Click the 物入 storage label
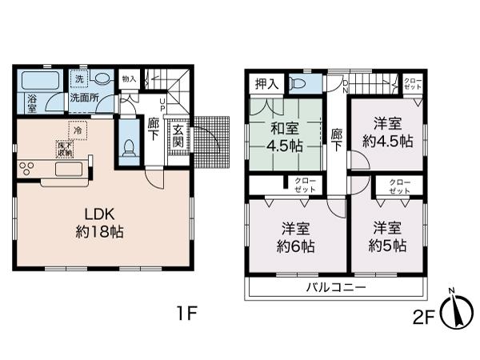tap(129, 79)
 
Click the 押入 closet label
tap(266, 83)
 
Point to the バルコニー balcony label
tap(335, 286)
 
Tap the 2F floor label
tap(424, 316)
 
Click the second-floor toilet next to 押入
tap(299, 82)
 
